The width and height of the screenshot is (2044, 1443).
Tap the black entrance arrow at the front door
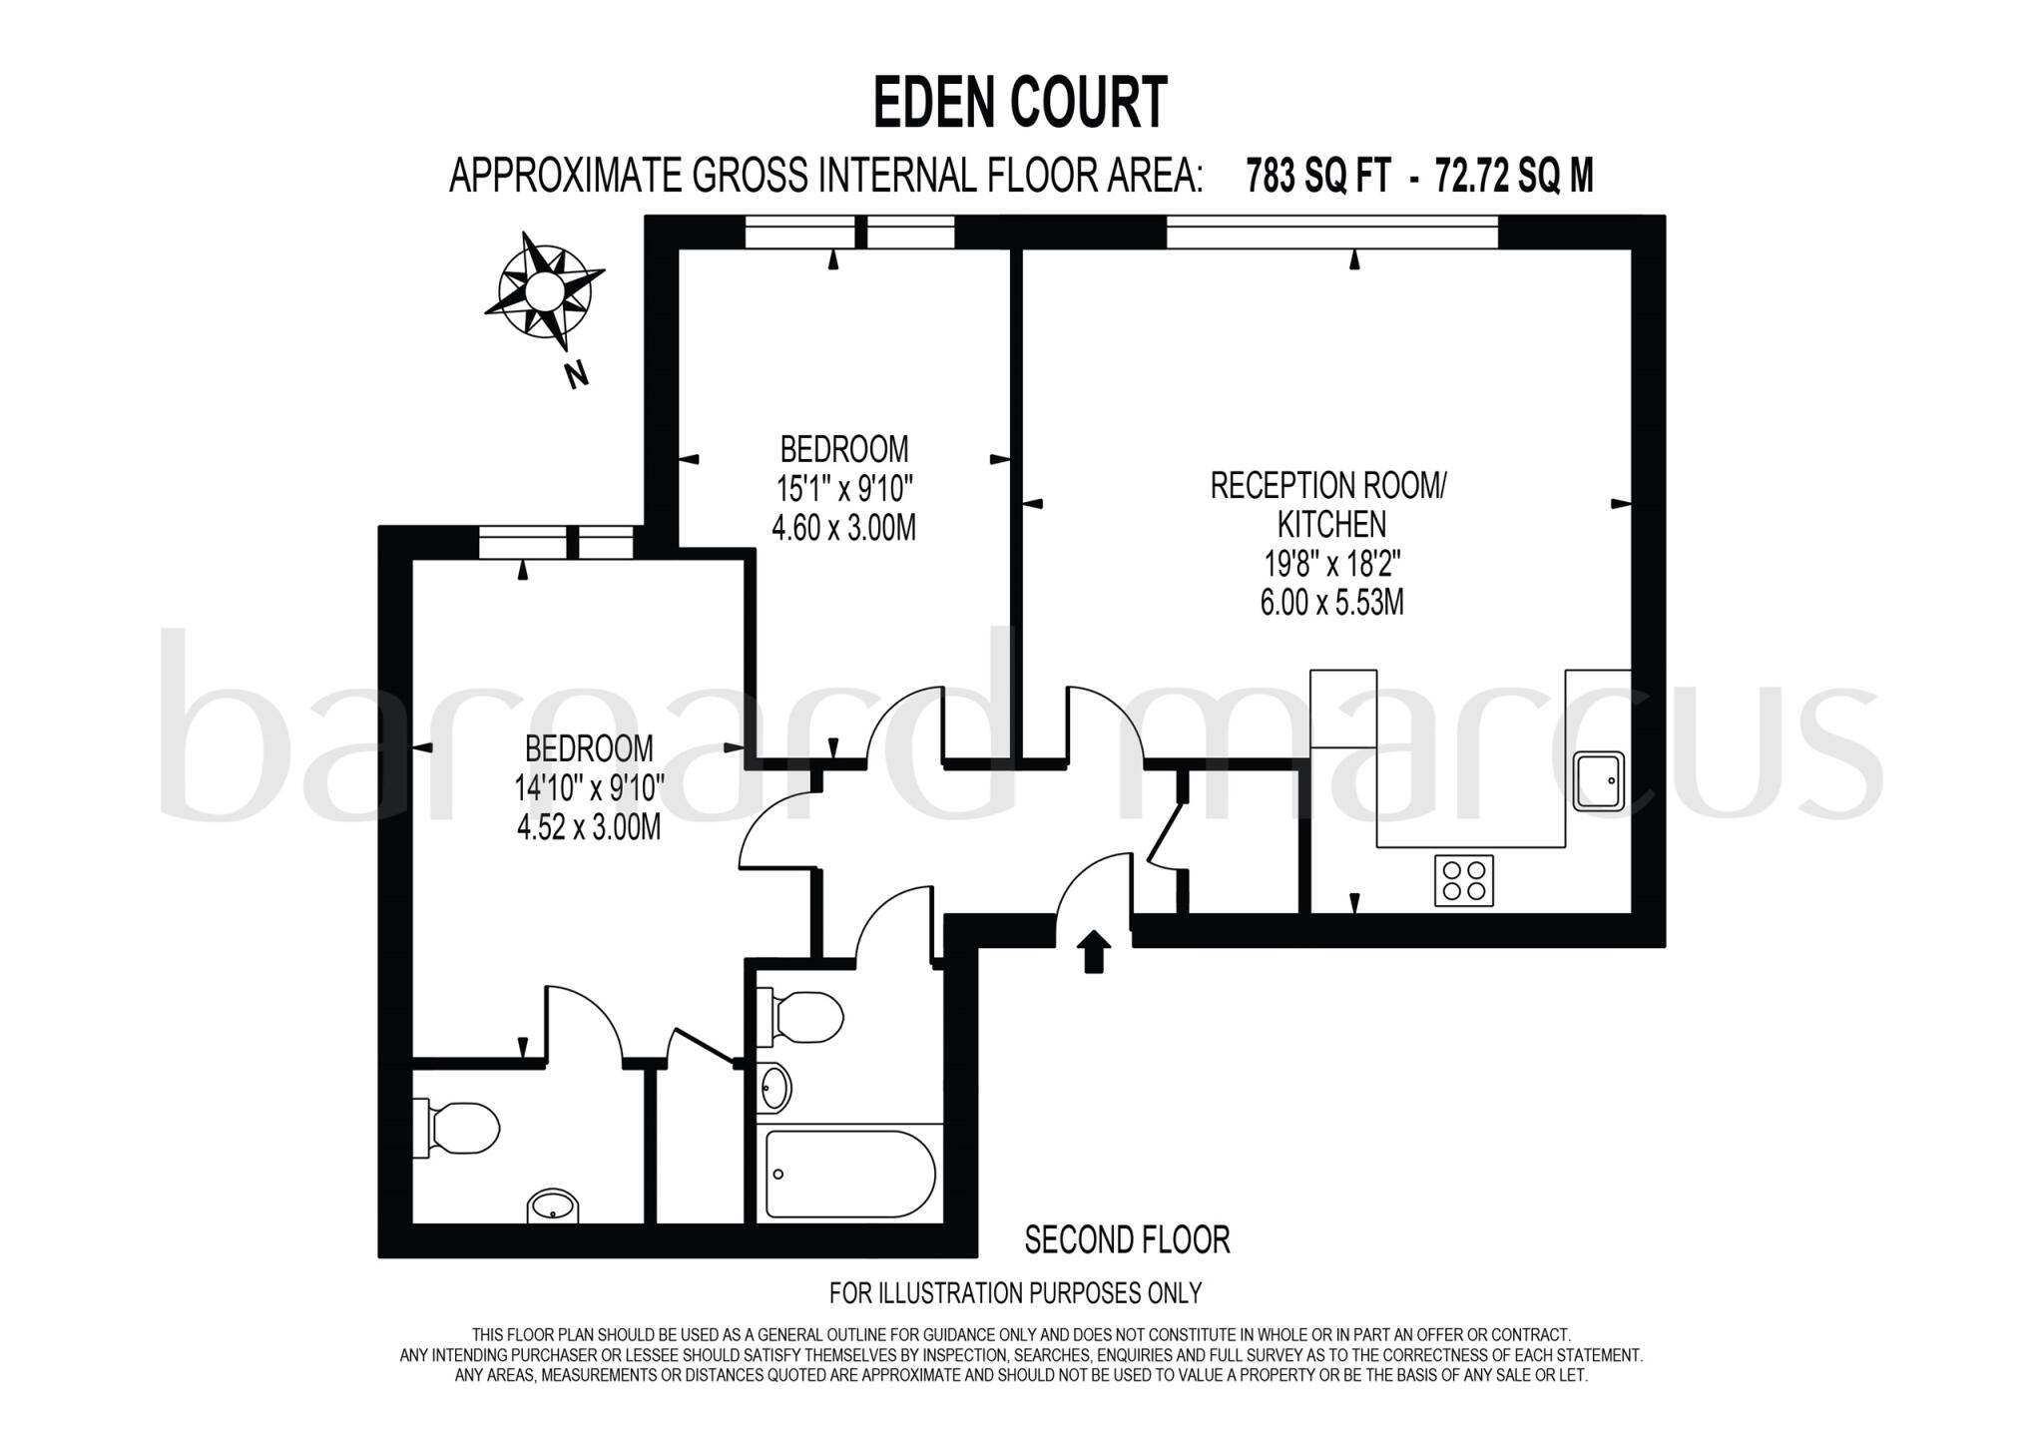pos(1095,951)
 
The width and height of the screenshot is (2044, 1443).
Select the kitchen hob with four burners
pos(1464,880)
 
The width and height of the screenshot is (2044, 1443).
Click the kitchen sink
pos(1599,780)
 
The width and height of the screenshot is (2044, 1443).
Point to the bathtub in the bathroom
pos(849,1174)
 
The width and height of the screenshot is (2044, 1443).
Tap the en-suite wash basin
pos(552,1205)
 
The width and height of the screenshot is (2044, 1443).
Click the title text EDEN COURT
pos(1020,103)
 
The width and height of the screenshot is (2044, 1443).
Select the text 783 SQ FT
pos(1317,177)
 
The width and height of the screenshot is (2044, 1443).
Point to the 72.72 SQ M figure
pos(1513,177)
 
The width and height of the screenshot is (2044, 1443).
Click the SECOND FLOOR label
pos(1127,1240)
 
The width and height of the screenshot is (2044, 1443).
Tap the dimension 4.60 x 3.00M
pos(843,528)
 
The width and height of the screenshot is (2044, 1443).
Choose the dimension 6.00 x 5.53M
pos(1331,603)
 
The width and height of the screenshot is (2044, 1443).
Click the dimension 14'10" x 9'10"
pos(589,788)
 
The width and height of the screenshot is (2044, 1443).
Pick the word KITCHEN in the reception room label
pos(1331,524)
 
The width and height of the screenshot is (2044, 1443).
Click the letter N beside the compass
pos(576,375)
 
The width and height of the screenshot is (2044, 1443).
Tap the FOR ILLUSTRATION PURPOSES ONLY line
pos(1015,1293)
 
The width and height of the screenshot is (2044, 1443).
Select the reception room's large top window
pos(1332,232)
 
